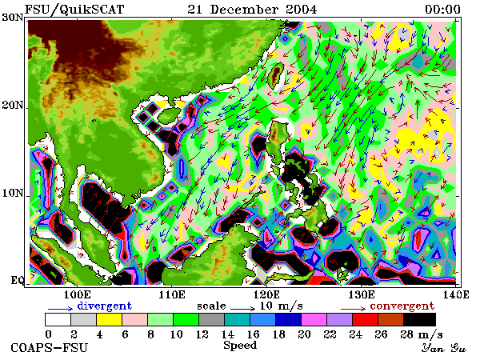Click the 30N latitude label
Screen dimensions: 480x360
point(13,18)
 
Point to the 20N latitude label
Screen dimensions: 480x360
point(13,105)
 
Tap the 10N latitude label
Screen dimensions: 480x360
point(13,193)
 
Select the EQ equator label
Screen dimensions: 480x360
point(17,280)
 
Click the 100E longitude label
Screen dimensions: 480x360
point(78,294)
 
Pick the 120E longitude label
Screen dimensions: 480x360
point(266,294)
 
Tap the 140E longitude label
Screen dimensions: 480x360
point(455,294)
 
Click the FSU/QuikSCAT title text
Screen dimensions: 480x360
point(74,9)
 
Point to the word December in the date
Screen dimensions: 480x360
point(244,9)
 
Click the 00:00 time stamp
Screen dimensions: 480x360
point(442,9)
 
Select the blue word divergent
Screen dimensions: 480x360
point(104,306)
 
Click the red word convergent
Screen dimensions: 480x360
point(402,306)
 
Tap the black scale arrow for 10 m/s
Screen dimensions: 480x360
point(242,309)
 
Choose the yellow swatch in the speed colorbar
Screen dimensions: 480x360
point(110,319)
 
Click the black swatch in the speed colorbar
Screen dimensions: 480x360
point(420,319)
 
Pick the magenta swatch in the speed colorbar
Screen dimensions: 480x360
point(314,319)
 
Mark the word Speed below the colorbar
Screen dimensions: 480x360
point(240,346)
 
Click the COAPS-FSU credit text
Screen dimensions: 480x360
point(50,348)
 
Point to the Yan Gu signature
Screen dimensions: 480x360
point(443,348)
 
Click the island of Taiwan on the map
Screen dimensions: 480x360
point(276,75)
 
